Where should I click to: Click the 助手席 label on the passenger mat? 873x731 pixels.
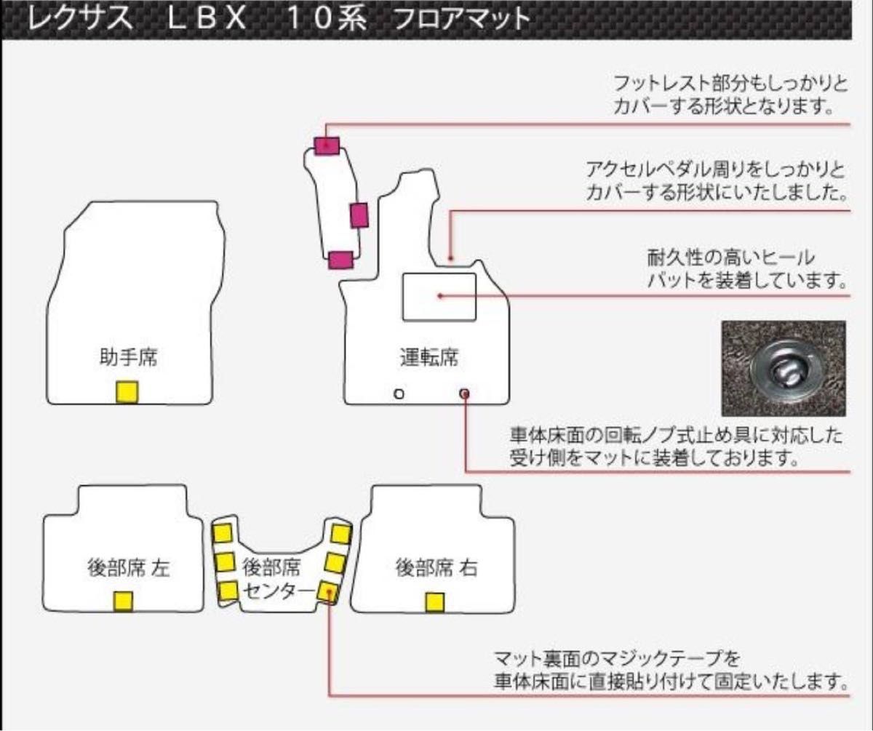(129, 357)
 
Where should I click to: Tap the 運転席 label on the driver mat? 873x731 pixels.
(429, 357)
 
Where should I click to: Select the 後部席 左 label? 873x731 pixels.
(127, 568)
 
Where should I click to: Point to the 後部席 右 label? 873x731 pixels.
(436, 568)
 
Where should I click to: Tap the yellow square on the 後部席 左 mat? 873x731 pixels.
(123, 602)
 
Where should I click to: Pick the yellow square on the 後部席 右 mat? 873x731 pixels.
(434, 602)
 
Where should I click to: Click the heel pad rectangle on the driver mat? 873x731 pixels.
(439, 296)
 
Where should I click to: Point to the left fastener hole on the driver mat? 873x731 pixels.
(398, 394)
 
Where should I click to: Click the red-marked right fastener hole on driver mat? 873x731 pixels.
(465, 394)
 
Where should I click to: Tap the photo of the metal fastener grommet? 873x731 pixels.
(784, 368)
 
